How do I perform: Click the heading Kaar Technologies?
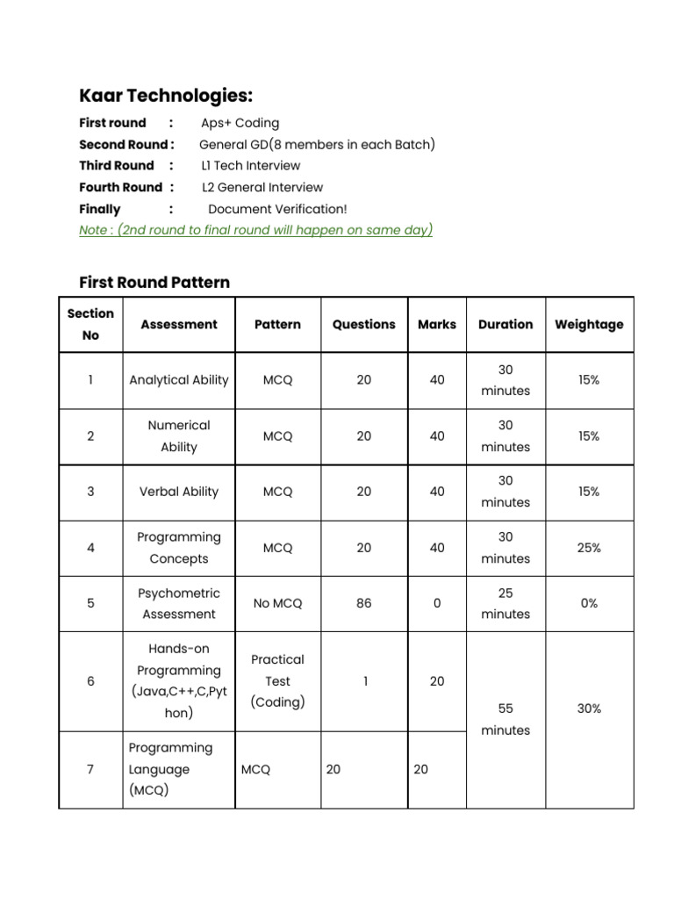point(166,96)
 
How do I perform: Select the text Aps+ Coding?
point(240,123)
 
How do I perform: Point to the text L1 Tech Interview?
point(251,166)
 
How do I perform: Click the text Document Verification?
point(277,209)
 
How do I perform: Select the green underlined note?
point(255,230)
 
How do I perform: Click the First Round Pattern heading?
point(154,283)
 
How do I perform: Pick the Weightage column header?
point(589,324)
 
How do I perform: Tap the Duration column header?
point(505,324)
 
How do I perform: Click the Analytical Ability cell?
point(179,380)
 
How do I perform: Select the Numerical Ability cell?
point(179,436)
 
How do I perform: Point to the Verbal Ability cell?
point(179,492)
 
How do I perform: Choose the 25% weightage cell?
point(589,548)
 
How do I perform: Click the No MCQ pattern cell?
point(277,604)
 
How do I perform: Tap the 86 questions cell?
point(363,604)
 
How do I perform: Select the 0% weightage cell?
point(589,604)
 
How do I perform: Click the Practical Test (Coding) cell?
point(277,681)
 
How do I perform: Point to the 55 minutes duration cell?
point(505,719)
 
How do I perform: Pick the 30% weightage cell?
point(589,708)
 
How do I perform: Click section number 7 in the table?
point(90,770)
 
